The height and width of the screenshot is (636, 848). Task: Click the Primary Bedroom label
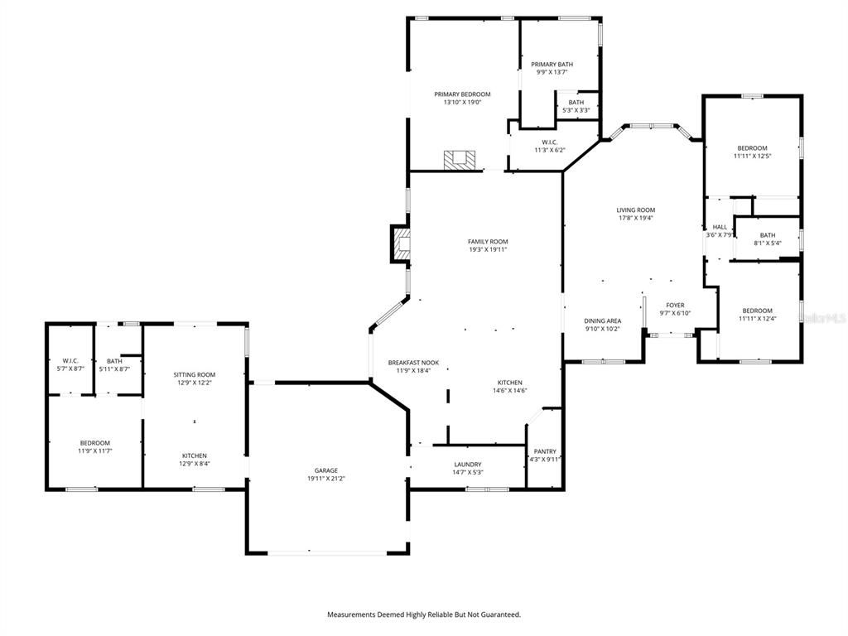(462, 94)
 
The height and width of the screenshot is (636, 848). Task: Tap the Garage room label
(325, 470)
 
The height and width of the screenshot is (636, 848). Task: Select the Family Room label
(488, 241)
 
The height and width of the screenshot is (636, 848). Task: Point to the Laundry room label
(468, 465)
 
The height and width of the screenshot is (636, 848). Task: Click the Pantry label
(545, 451)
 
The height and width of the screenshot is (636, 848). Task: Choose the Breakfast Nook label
(413, 363)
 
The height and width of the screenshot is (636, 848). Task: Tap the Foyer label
(675, 305)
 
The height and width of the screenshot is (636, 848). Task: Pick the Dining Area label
(603, 320)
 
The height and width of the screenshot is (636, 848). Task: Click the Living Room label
(635, 210)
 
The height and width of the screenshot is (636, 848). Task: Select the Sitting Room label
(195, 374)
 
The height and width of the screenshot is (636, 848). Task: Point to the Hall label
(720, 227)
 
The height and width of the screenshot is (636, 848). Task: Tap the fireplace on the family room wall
(402, 244)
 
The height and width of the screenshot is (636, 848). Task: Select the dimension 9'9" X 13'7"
(552, 72)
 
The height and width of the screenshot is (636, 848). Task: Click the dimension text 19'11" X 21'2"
(325, 479)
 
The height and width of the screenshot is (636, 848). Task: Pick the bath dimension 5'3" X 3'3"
(576, 110)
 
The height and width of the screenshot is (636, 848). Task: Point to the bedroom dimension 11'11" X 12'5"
(752, 156)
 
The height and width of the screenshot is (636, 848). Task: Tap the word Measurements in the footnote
(351, 614)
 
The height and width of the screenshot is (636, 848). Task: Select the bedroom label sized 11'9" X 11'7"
(94, 443)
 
